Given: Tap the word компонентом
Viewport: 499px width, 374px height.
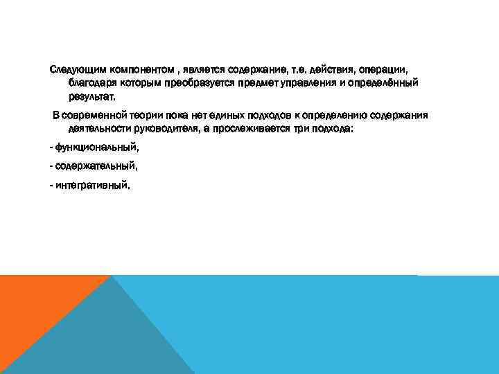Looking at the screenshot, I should coord(134,70).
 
